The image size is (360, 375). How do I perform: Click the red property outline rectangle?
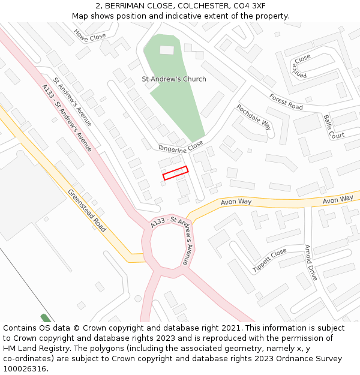[175, 173]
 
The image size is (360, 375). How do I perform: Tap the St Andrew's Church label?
[173, 79]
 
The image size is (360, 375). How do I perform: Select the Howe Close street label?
[90, 36]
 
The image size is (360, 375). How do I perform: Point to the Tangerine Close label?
[181, 146]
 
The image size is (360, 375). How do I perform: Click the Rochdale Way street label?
[254, 118]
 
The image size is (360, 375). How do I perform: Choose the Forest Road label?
[286, 102]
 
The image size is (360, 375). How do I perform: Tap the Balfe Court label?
[334, 127]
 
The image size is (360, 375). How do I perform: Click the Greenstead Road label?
[87, 211]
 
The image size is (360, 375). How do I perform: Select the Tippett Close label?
[270, 261]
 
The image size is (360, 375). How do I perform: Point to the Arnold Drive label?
[310, 262]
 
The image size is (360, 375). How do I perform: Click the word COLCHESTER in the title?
[187, 5]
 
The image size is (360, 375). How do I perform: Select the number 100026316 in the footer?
[26, 369]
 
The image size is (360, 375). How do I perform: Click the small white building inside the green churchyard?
[167, 50]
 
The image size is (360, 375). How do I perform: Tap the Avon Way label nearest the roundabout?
[236, 202]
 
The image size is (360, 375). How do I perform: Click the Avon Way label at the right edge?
[338, 199]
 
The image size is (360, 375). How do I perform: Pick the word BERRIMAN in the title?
[127, 5]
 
